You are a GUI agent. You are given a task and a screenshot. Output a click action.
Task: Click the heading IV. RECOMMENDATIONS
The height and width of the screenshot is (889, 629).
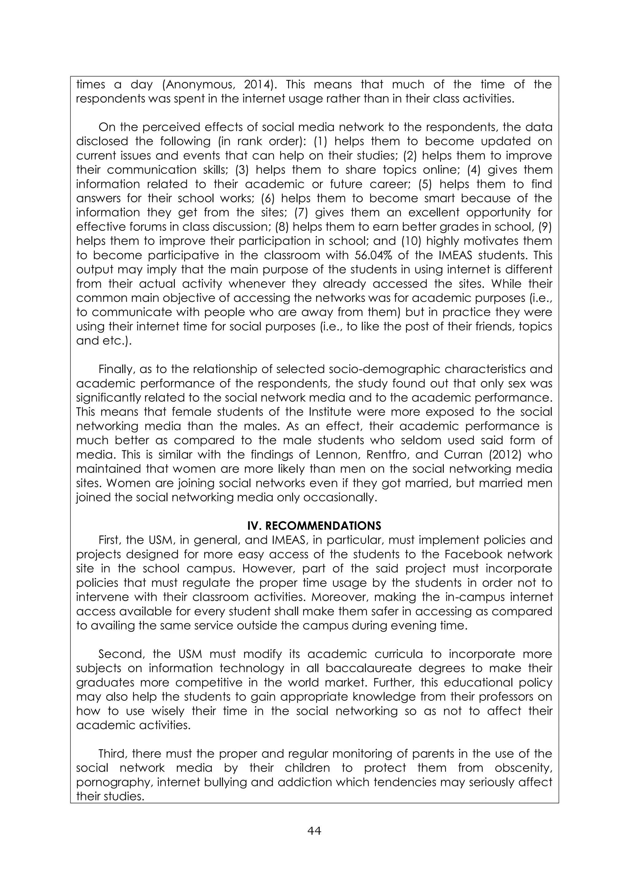(314, 526)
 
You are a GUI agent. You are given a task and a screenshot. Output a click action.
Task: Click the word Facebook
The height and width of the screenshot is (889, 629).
(473, 554)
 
